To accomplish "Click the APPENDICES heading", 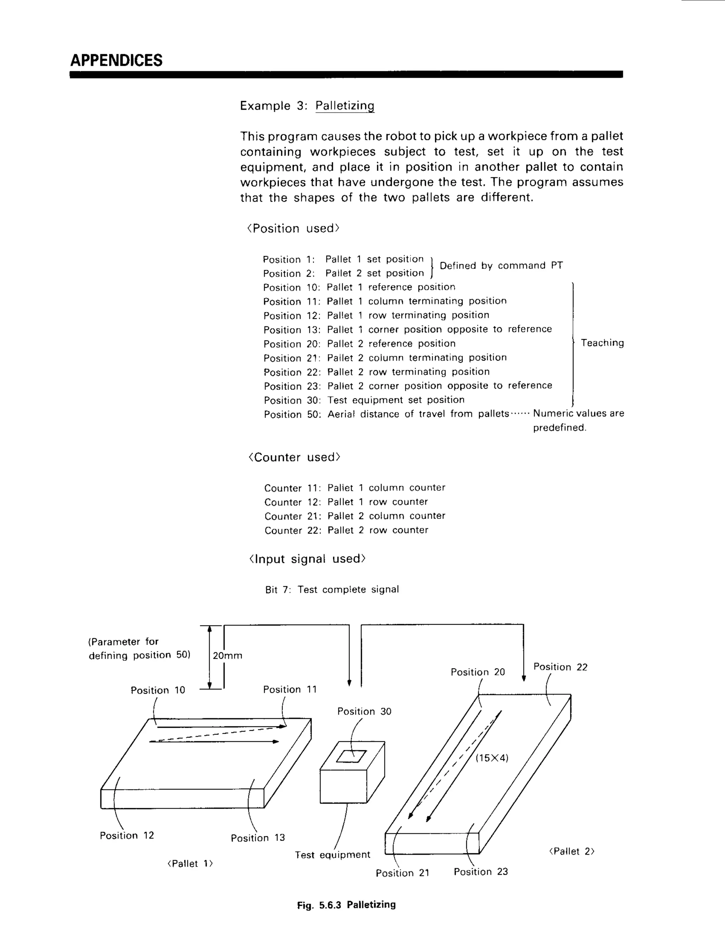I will click(x=116, y=60).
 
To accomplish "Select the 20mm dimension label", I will click(x=227, y=656).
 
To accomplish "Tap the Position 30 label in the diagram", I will click(x=364, y=711).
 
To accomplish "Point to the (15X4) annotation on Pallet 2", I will click(x=492, y=758).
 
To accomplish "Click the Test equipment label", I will click(x=332, y=855).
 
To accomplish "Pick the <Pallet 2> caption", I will click(x=572, y=851).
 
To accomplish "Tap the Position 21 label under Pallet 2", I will click(x=403, y=873).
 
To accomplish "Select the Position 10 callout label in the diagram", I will click(x=158, y=690).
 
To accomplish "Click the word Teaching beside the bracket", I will click(x=602, y=343).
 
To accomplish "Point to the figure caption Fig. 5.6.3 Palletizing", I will click(x=346, y=904).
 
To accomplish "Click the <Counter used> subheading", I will click(x=294, y=457).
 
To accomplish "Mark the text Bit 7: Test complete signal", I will click(x=332, y=589).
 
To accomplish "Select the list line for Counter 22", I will click(x=346, y=530).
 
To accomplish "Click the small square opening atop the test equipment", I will click(x=351, y=756).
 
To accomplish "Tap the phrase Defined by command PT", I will click(x=501, y=266).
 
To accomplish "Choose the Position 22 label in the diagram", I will click(x=560, y=667).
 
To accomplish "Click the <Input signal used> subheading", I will click(x=307, y=559).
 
